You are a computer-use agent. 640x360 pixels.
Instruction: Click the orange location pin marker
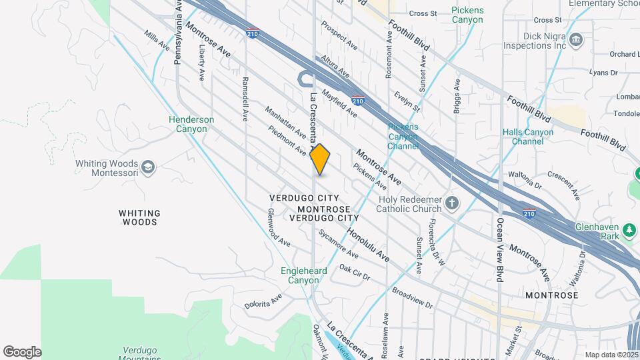320,159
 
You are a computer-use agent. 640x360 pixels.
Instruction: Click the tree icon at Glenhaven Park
629,231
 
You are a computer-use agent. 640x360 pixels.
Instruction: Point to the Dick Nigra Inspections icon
577,42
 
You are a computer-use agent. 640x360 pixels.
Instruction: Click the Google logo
22,351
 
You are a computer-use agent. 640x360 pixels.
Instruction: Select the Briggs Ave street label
457,97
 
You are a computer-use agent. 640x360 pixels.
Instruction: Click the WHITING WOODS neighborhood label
139,217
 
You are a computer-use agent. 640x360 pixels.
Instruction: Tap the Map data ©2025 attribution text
611,355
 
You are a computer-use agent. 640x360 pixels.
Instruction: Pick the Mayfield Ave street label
339,103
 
